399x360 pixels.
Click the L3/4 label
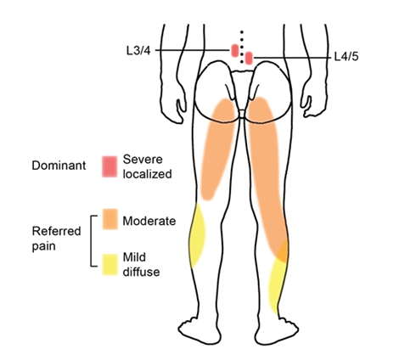coord(138,51)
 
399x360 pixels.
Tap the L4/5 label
coord(346,57)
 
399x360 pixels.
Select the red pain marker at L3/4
coord(235,50)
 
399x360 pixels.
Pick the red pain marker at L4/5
coord(249,58)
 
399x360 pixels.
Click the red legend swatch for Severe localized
coord(110,166)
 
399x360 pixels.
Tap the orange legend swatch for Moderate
coord(110,219)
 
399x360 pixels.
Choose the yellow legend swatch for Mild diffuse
coord(110,265)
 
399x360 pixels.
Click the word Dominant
coord(59,166)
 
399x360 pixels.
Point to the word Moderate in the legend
coord(149,221)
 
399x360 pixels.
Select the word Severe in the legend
coord(143,160)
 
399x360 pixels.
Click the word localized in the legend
coord(147,174)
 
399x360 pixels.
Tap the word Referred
coord(56,231)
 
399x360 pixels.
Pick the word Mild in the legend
coord(134,257)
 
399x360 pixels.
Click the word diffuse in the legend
coord(141,272)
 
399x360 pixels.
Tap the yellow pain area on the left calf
coord(197,236)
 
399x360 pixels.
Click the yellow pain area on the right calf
coord(278,283)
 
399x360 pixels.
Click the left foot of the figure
coord(200,329)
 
